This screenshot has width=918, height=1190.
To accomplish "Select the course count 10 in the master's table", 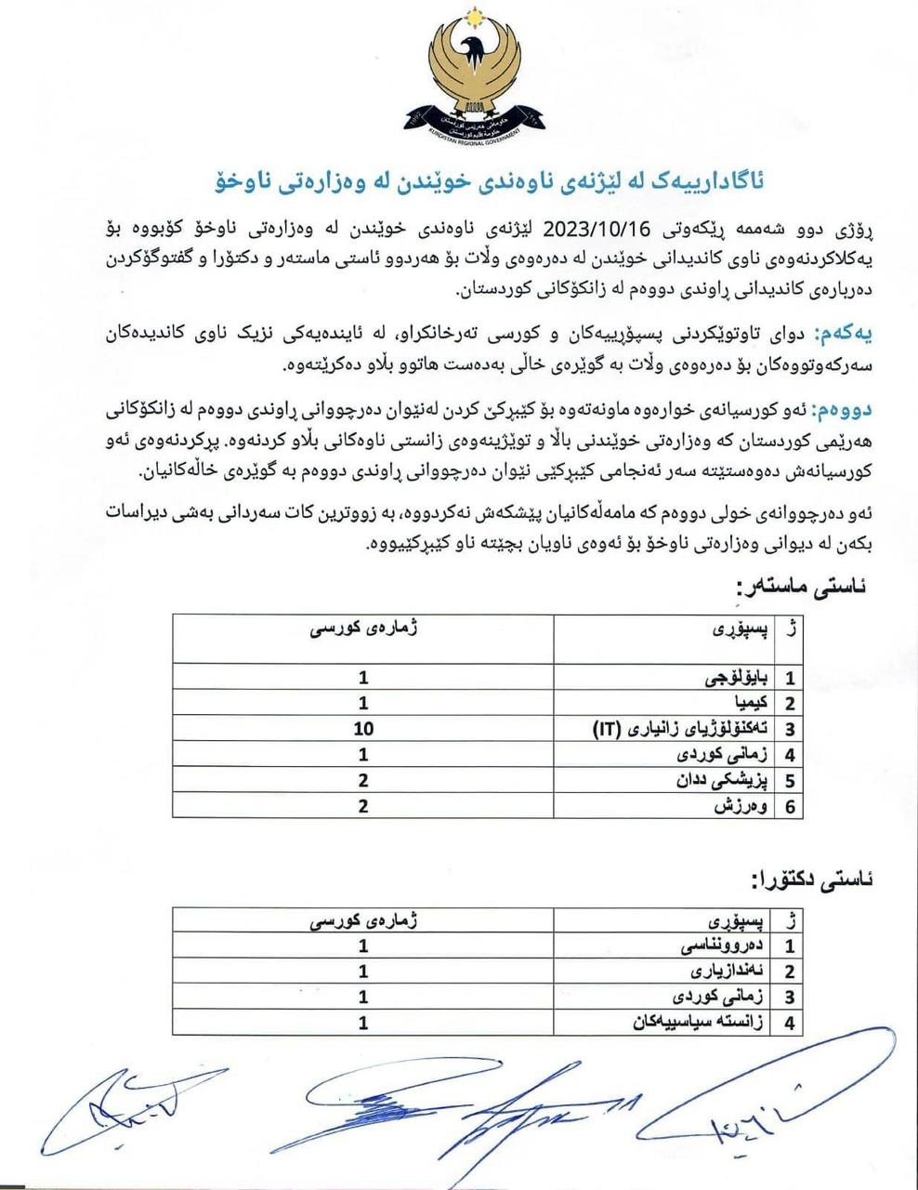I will click(363, 728).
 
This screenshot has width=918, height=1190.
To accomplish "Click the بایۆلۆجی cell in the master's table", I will click(739, 677).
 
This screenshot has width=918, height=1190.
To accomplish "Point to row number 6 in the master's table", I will click(791, 806).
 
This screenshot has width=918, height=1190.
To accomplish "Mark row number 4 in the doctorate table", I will click(791, 1023).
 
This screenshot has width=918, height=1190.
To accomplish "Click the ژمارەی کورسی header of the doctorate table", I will click(363, 922).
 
